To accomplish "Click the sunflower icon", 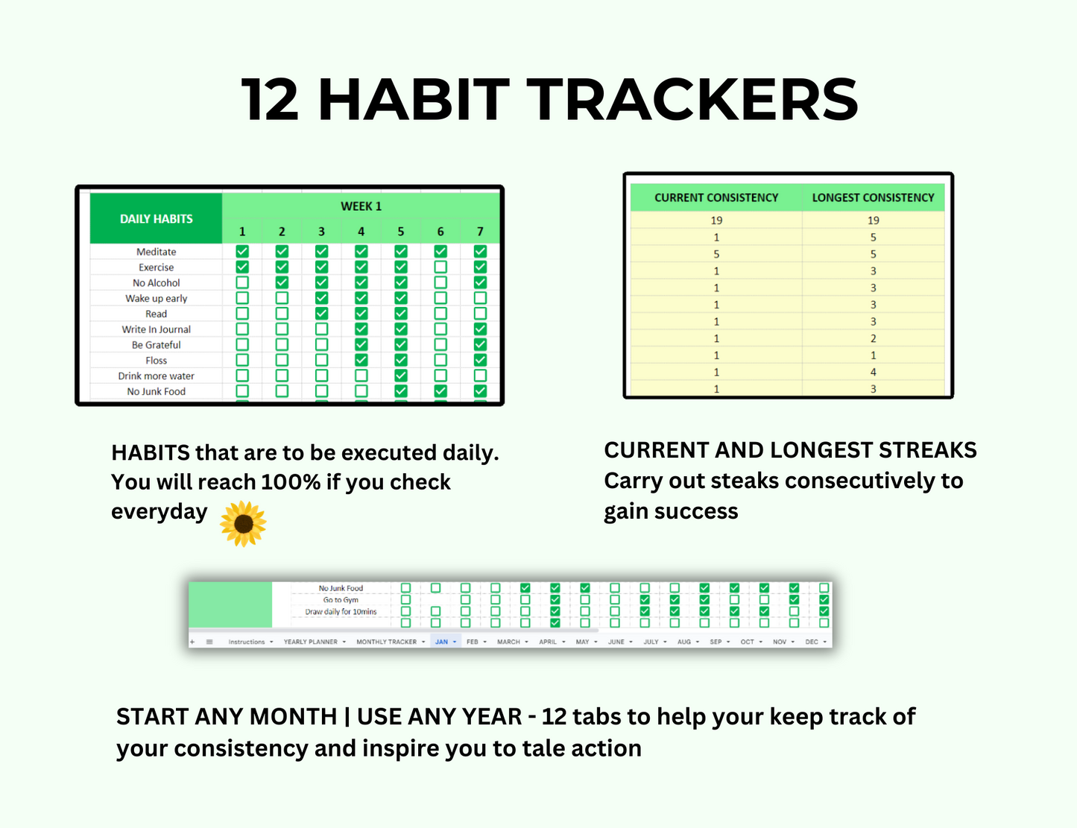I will (x=243, y=523).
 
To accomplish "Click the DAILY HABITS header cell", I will (x=156, y=218).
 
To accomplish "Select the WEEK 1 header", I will (x=361, y=206).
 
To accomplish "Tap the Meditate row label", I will (x=156, y=252).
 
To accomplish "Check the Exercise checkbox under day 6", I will (x=440, y=267).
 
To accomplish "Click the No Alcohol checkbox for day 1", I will (x=242, y=282).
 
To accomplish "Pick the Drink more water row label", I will (x=156, y=376).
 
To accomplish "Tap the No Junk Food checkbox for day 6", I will (x=440, y=391).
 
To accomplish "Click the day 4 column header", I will (x=361, y=232).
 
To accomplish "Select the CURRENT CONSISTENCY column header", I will (x=716, y=197).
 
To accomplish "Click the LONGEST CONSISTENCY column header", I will (x=873, y=197).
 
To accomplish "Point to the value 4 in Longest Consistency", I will (x=873, y=372).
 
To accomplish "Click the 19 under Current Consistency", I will (x=716, y=221).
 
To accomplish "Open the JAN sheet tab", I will (x=442, y=642).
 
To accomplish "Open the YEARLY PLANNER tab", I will (x=310, y=642).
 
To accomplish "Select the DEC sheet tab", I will (x=812, y=642).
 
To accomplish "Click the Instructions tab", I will (x=247, y=642).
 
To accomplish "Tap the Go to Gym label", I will (x=341, y=600).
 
